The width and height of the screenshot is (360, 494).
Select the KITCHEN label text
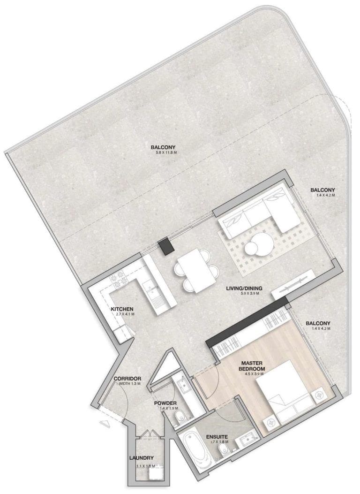pyautogui.click(x=122, y=309)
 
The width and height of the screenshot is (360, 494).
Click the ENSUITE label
pyautogui.click(x=217, y=436)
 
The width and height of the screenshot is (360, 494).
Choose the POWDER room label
pyautogui.click(x=165, y=403)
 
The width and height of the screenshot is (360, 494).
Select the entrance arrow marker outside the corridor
pyautogui.click(x=104, y=422)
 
